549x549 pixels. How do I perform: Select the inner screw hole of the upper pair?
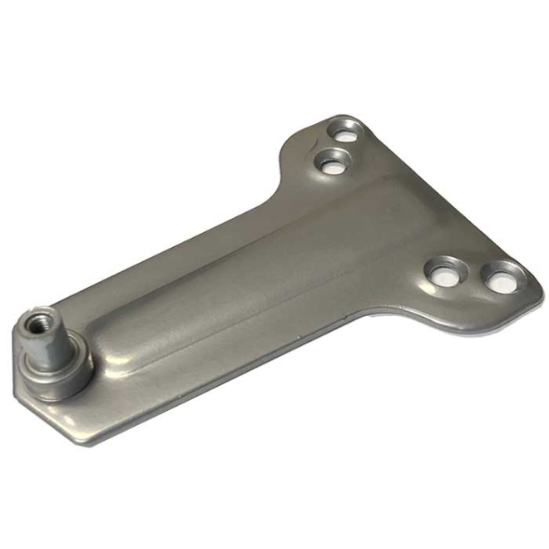[x=332, y=161]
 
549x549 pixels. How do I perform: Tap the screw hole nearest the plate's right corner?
[x=502, y=277]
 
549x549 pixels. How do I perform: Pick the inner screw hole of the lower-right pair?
[x=444, y=273]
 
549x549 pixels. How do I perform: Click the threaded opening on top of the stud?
[x=40, y=322]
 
